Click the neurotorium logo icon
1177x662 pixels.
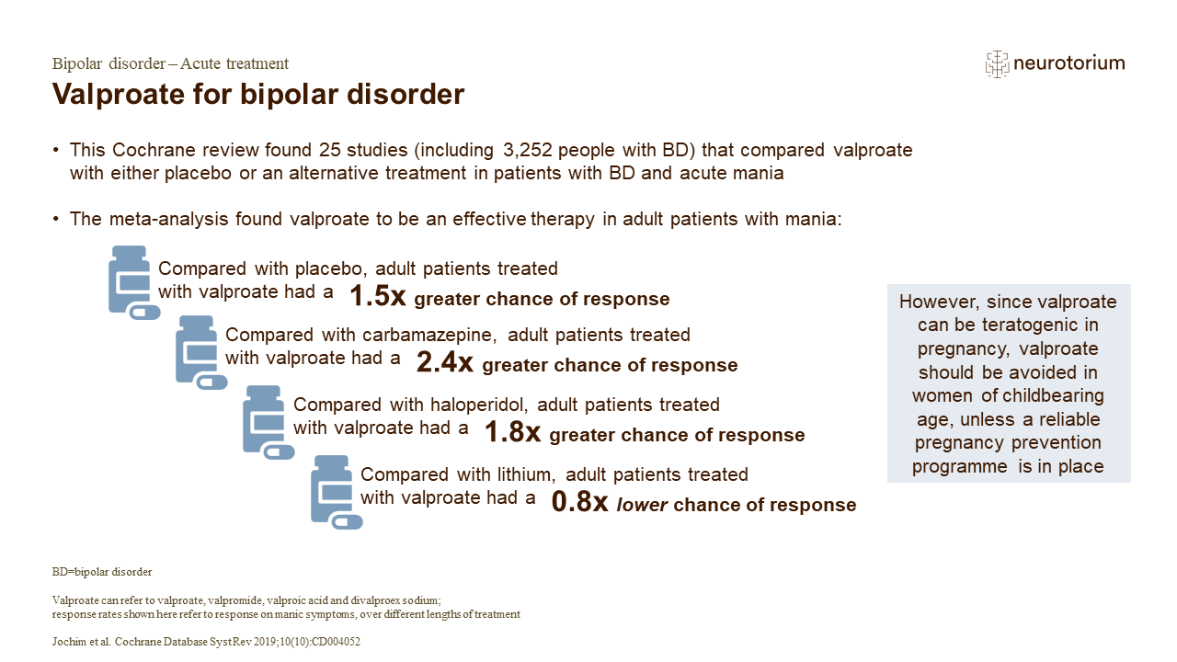point(997,63)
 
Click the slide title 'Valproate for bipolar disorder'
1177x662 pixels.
point(257,95)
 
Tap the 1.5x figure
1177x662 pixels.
point(377,296)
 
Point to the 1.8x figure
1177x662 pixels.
point(512,432)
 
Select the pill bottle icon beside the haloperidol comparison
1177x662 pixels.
point(268,422)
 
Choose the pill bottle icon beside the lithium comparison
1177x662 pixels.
point(336,492)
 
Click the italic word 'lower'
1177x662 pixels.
point(641,505)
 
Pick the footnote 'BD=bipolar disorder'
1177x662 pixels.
point(102,572)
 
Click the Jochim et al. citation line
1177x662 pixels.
point(206,643)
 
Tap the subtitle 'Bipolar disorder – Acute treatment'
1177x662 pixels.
point(170,64)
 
